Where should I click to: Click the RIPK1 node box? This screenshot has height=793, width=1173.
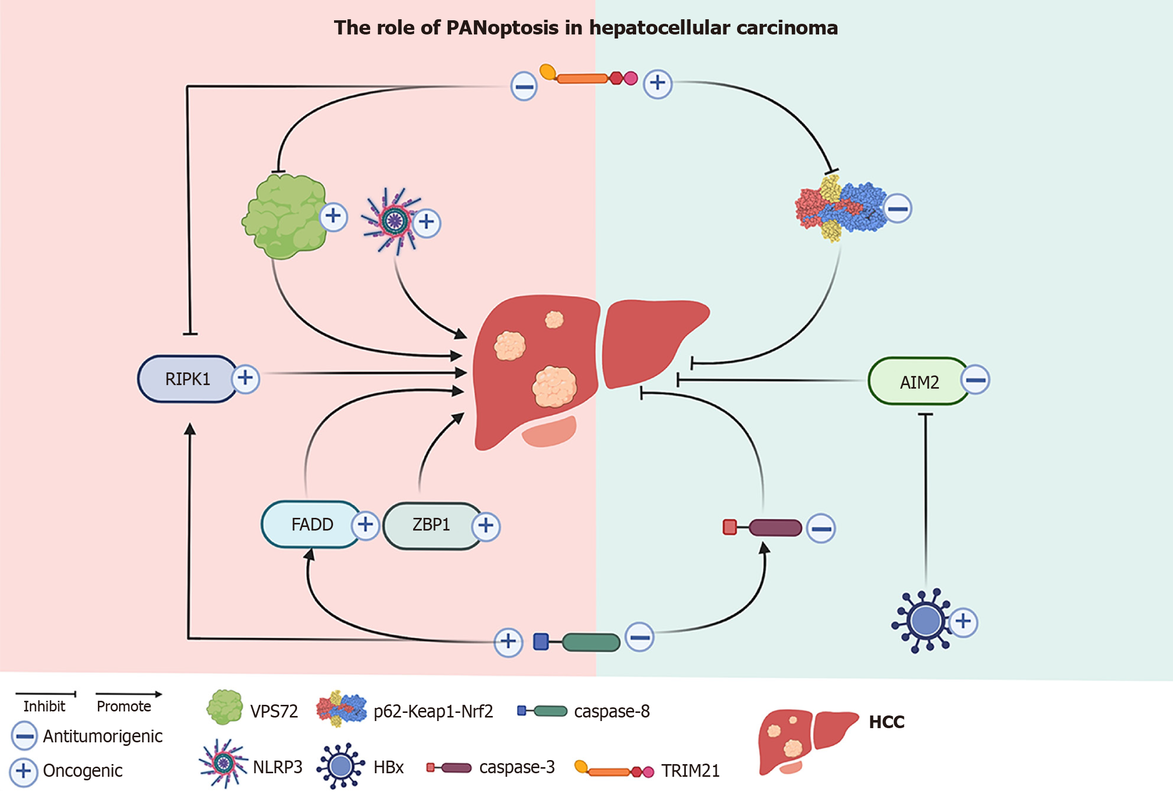click(x=187, y=379)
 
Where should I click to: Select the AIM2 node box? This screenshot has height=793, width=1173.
click(x=919, y=382)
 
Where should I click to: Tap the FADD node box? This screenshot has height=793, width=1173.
click(x=311, y=524)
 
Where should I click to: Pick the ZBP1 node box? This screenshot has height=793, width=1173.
click(x=431, y=525)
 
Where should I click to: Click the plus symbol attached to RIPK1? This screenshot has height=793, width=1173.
click(x=246, y=378)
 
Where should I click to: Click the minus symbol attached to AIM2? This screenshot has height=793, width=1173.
click(x=976, y=380)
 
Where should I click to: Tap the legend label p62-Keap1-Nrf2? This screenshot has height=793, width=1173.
click(x=433, y=711)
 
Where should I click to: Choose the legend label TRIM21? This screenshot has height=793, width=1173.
click(x=690, y=771)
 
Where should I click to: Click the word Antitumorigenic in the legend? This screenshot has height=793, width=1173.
click(x=102, y=736)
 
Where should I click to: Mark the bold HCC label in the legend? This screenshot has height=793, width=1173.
click(x=886, y=722)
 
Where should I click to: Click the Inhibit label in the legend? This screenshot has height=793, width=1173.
click(x=44, y=706)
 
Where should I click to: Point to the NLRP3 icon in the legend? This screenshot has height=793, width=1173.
click(x=223, y=763)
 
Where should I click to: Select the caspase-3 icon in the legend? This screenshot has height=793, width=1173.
click(x=450, y=768)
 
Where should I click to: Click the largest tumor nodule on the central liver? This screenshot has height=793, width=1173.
click(x=554, y=387)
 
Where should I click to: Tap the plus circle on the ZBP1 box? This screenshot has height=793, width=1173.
click(x=486, y=526)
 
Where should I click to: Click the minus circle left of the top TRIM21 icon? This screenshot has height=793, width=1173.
click(x=524, y=87)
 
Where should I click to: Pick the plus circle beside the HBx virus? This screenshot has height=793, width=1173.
click(x=963, y=622)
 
